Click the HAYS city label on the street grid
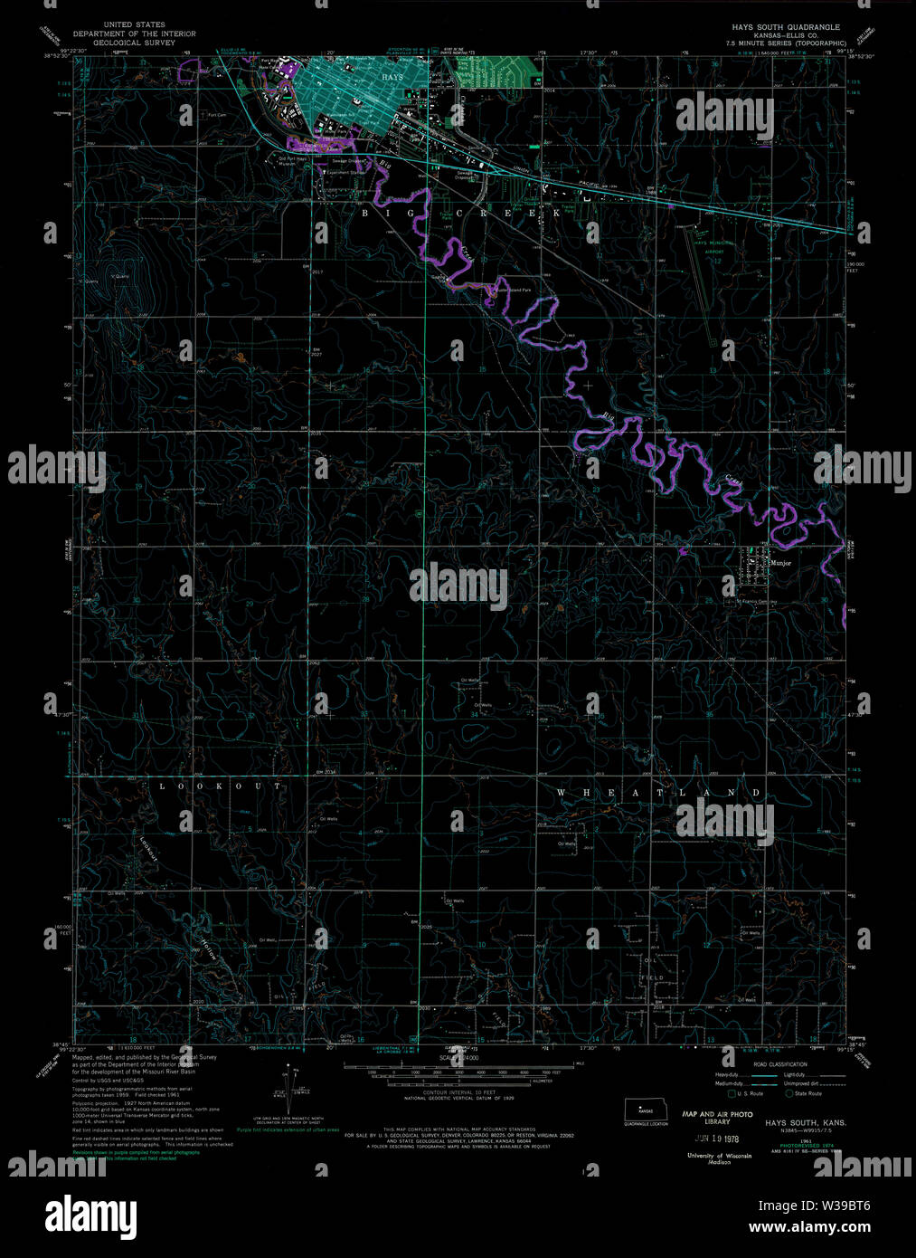point(392,78)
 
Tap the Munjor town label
point(780,563)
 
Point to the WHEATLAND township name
point(658,793)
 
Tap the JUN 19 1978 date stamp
point(715,1138)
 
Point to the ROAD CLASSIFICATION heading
point(779,1064)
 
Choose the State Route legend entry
point(803,1094)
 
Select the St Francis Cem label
point(756,602)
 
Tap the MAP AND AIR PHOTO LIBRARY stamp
point(717,1118)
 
